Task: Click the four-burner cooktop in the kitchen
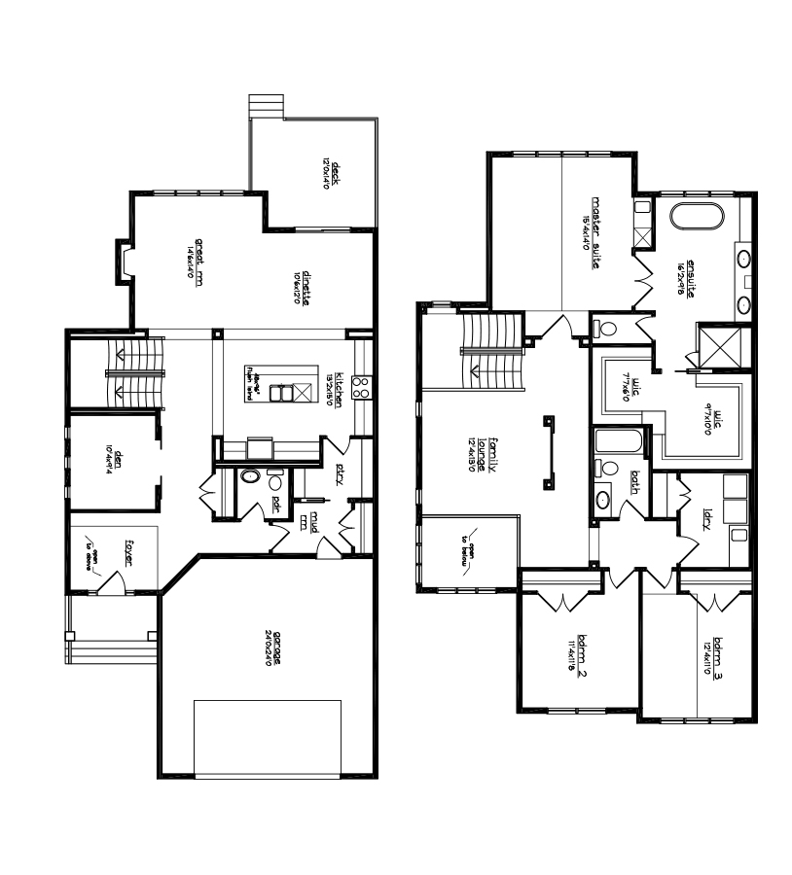(360, 387)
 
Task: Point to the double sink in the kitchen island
(283, 393)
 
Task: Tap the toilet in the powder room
(252, 477)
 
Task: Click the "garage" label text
(276, 646)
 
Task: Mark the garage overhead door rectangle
(268, 736)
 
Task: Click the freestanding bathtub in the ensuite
(697, 217)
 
